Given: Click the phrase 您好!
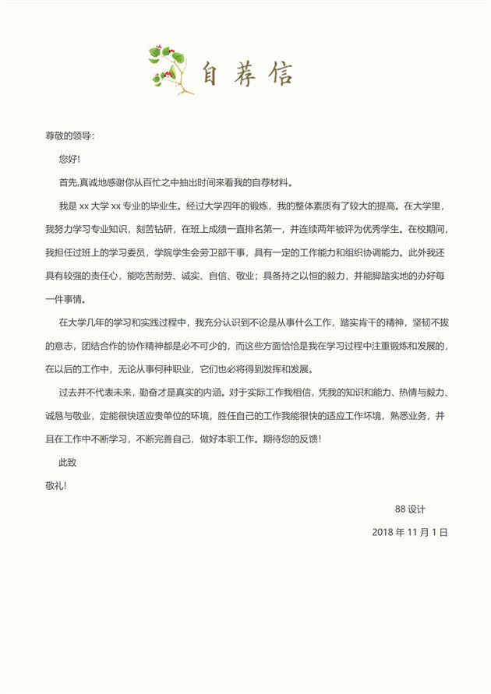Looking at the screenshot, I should (x=69, y=159).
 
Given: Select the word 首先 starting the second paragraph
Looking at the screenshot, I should (x=68, y=183).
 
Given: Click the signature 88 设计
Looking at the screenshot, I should (x=410, y=509).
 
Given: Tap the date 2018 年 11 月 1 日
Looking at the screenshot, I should (x=410, y=532).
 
